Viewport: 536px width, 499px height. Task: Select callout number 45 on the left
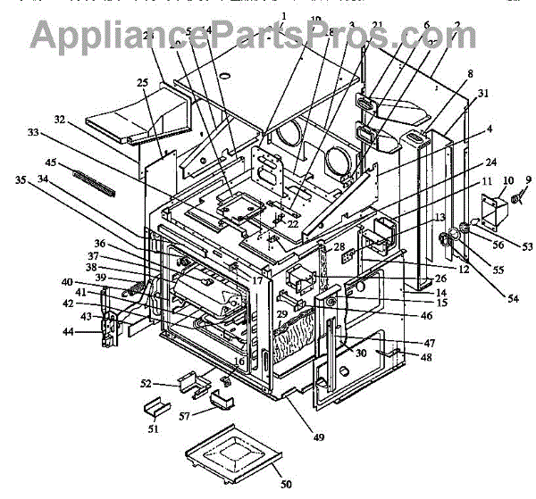53,162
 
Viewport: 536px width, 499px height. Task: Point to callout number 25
142,82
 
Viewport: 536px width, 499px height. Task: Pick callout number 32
61,118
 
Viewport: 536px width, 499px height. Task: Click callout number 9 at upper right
527,180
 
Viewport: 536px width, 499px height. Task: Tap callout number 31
482,93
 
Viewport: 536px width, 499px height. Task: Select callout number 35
20,179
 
